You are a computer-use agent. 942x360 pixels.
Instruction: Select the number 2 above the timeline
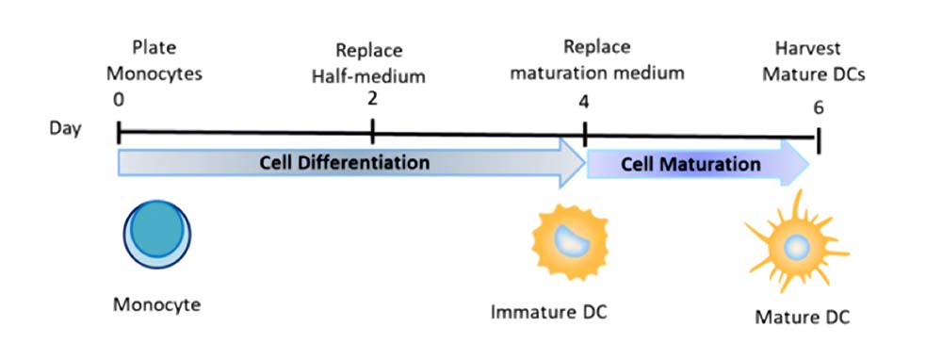point(372,97)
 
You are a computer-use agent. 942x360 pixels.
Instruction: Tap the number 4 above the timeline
point(583,102)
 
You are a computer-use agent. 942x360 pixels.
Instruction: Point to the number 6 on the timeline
point(818,108)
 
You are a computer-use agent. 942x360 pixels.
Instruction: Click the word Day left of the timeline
point(66,128)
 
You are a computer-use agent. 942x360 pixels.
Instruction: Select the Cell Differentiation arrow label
point(344,162)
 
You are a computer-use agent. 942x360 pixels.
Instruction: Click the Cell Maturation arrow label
point(690,164)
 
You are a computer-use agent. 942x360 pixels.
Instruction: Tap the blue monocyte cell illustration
point(156,233)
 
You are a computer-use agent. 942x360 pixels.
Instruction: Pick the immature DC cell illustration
point(570,241)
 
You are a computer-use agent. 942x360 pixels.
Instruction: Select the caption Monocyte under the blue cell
point(156,304)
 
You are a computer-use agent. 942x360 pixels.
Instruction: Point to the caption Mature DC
point(802,317)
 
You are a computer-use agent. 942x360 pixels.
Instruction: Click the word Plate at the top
point(154,47)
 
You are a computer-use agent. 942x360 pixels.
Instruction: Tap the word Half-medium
point(369,77)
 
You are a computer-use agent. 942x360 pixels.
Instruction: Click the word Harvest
point(807,47)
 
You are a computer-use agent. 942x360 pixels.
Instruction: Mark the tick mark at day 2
point(372,130)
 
